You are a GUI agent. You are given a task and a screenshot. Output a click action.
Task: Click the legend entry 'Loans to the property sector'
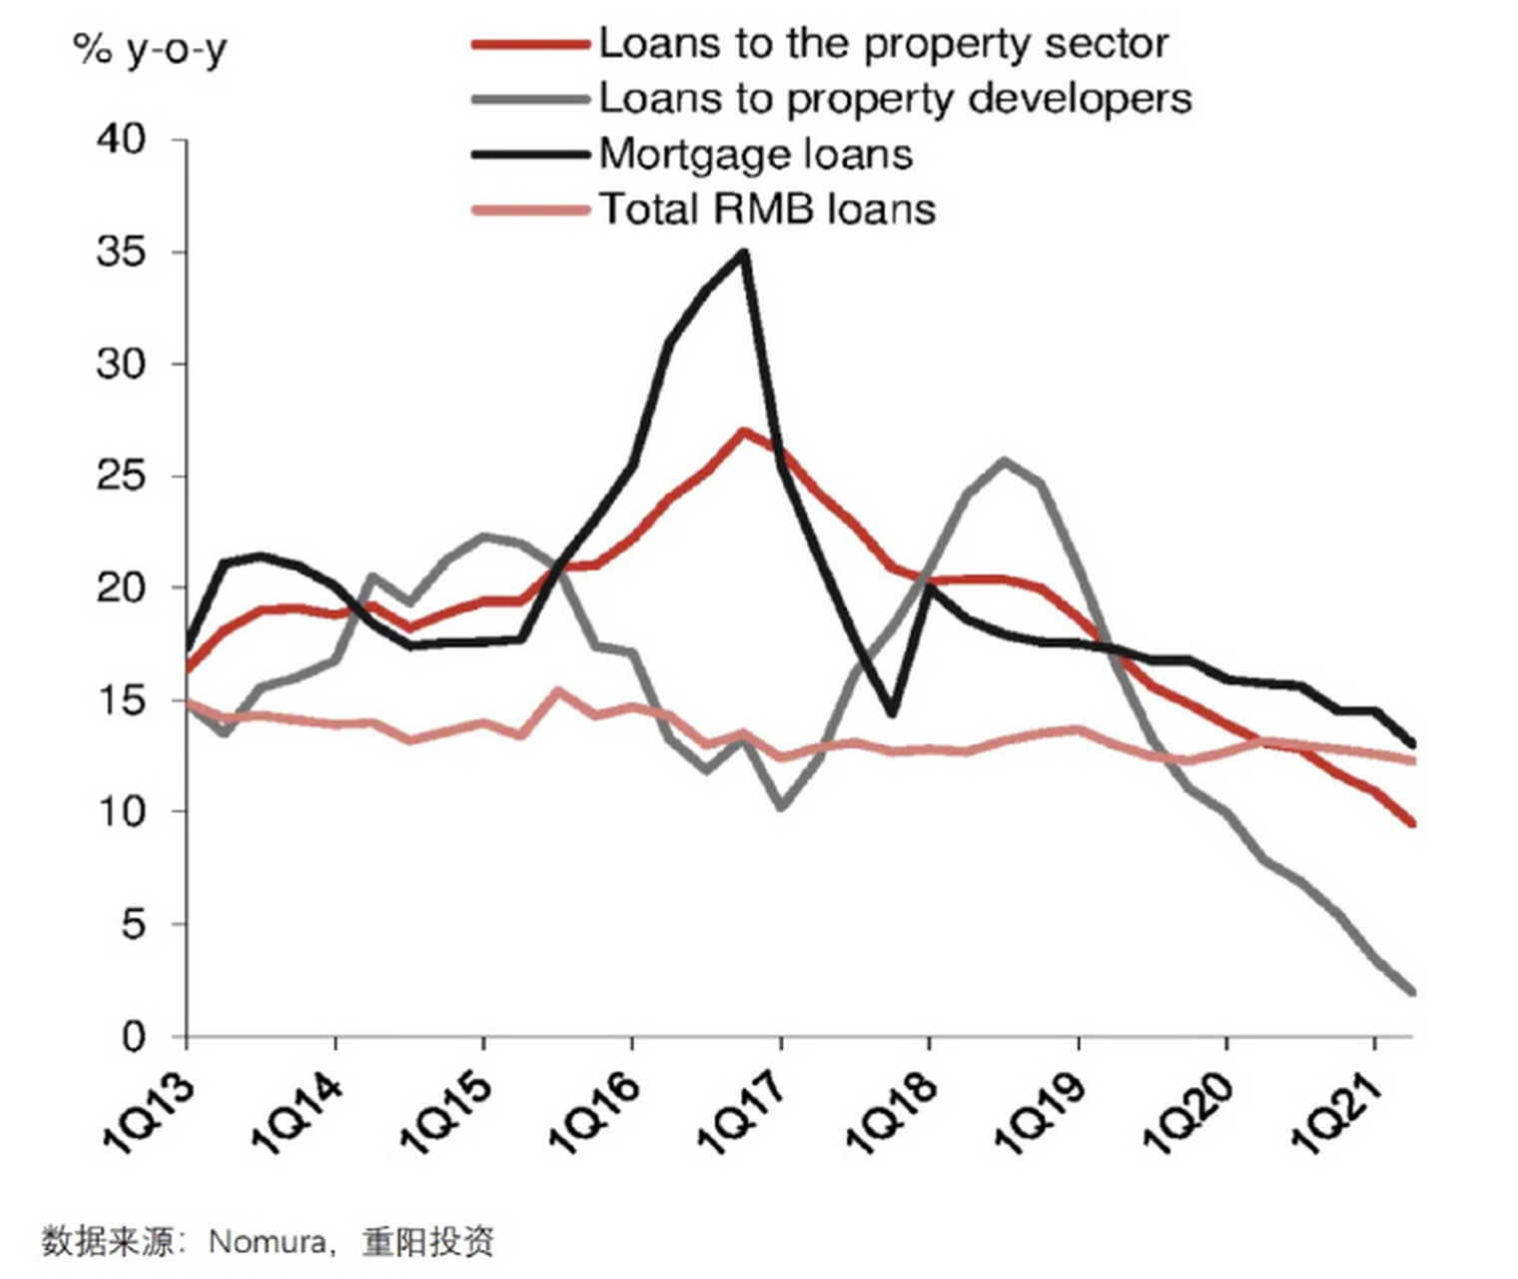tap(883, 44)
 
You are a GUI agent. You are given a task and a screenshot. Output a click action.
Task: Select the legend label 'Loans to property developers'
tap(895, 99)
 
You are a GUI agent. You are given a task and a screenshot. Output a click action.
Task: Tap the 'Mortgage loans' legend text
tap(755, 154)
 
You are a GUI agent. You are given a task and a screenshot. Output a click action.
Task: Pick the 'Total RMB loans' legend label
tap(767, 209)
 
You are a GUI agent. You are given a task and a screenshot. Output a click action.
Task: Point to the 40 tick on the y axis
tap(121, 139)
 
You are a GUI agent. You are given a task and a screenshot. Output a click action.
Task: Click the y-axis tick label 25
tap(121, 476)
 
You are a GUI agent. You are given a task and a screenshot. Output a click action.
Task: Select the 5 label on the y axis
tap(133, 924)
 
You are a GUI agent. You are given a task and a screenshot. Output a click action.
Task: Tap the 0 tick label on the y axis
tap(133, 1037)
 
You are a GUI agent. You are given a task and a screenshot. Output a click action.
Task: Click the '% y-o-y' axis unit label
tap(150, 49)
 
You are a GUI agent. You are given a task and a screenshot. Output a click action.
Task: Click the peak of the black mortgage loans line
tap(743, 252)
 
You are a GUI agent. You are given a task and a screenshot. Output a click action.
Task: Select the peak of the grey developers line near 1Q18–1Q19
tap(1004, 461)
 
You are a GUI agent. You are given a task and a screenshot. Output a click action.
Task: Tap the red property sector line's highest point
tap(742, 432)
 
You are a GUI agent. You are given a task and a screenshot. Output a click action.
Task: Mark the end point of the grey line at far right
tap(1412, 992)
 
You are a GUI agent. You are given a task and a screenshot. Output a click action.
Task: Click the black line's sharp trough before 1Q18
tap(892, 713)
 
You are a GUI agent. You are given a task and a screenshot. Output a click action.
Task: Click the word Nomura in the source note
tap(267, 1242)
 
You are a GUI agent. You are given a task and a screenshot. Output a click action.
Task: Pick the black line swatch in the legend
tap(529, 154)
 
